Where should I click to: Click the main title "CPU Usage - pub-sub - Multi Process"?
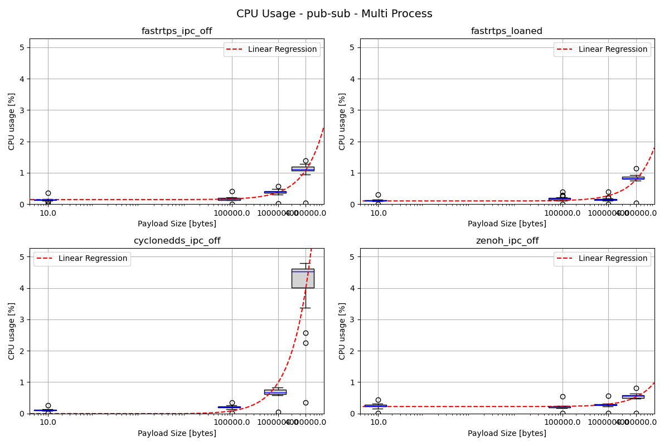click(334, 14)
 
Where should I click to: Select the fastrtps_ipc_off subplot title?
click(177, 31)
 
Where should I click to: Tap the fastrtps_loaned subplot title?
click(507, 31)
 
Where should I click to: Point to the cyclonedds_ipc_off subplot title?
click(177, 241)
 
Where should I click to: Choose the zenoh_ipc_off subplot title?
click(507, 241)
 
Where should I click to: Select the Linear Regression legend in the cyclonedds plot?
click(82, 259)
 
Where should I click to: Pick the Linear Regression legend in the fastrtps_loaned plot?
click(602, 50)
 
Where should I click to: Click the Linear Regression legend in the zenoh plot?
click(602, 259)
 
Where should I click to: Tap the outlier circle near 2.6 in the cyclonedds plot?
click(306, 333)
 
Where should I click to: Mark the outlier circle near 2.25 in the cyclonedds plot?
click(306, 343)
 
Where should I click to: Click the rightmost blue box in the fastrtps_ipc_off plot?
click(303, 168)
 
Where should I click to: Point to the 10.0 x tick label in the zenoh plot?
click(379, 422)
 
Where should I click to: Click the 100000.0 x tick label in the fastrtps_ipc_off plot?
click(232, 212)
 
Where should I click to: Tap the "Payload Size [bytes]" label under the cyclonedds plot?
click(177, 433)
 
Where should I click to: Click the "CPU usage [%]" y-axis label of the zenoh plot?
click(342, 331)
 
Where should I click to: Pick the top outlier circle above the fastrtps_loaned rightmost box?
click(636, 168)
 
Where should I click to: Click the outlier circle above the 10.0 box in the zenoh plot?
click(378, 400)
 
